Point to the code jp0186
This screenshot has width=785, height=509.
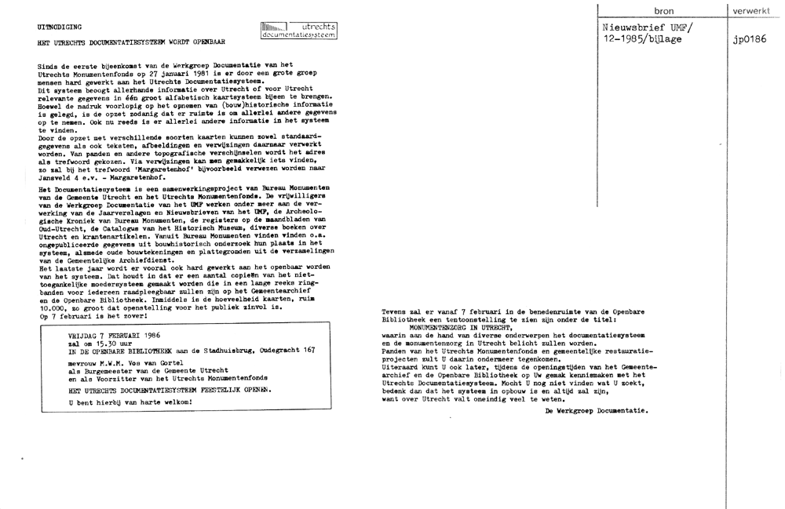pos(749,41)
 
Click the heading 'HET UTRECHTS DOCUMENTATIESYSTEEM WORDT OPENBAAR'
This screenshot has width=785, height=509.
pos(131,41)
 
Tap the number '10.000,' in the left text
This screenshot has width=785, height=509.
pos(55,308)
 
